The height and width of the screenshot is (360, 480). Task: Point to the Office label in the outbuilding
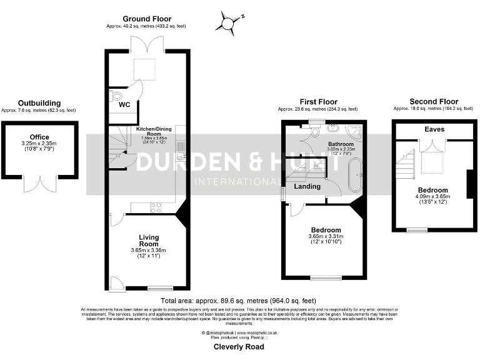39,137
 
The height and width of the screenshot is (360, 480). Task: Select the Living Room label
149,241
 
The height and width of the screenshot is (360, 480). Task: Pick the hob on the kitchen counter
155,207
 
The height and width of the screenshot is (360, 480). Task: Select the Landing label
307,186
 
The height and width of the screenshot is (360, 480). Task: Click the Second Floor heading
433,101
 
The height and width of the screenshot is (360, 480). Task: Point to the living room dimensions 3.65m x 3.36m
149,251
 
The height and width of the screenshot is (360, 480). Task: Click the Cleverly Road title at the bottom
239,346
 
